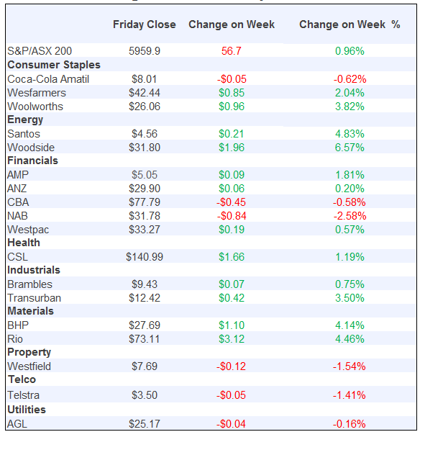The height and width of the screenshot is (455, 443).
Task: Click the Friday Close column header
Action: [144, 24]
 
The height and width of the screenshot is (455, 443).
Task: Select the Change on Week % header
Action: [350, 24]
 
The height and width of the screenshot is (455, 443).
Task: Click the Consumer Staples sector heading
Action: [53, 65]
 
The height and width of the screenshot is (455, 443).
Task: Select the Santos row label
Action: [24, 133]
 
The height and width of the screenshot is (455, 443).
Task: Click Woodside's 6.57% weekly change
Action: [350, 147]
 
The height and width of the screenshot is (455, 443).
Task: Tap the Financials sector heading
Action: [32, 161]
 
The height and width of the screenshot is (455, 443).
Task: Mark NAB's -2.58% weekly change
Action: [350, 215]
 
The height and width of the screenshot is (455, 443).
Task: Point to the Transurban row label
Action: [34, 297]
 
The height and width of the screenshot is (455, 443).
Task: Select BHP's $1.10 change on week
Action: [231, 325]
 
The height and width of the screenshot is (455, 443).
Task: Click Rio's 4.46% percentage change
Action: [350, 338]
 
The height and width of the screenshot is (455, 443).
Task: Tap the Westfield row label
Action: [29, 366]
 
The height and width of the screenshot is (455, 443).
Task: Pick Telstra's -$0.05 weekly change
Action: [231, 395]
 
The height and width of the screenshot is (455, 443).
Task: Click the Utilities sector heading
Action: [27, 409]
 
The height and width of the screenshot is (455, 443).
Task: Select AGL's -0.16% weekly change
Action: [350, 423]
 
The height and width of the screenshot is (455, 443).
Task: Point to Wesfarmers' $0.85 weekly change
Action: [231, 92]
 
